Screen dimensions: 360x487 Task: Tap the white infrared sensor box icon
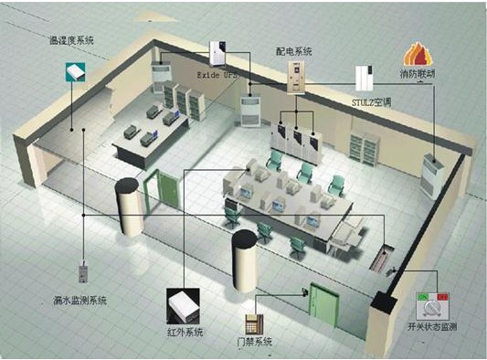tap(184, 301)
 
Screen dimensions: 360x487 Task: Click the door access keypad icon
tap(253, 323)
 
